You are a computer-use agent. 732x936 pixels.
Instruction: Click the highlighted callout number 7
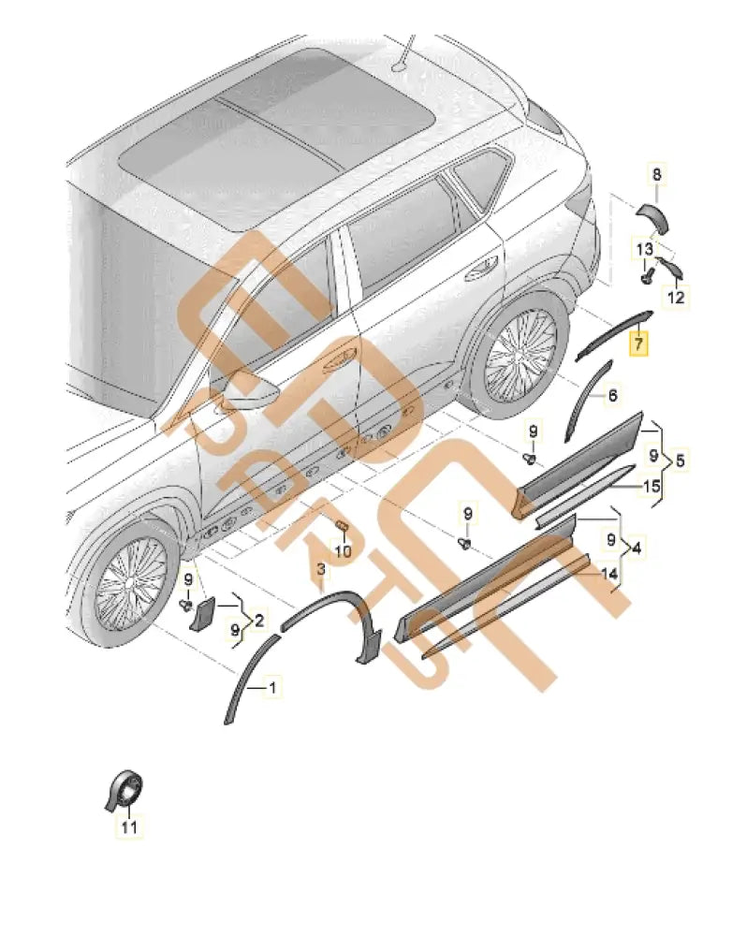click(x=637, y=344)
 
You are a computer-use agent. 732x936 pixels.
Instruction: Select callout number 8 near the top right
click(x=656, y=174)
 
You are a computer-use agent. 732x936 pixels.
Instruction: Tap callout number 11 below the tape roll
click(x=129, y=826)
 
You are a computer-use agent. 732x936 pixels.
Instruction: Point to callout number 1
click(x=272, y=690)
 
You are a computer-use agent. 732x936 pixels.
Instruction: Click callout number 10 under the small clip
click(x=343, y=551)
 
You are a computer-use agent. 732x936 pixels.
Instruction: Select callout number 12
click(x=677, y=298)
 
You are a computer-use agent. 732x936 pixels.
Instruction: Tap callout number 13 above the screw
click(x=646, y=249)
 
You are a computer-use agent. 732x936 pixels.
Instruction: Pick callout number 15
click(x=650, y=486)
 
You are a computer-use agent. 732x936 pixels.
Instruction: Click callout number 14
click(x=608, y=573)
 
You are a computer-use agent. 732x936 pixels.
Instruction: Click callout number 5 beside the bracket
click(x=681, y=461)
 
